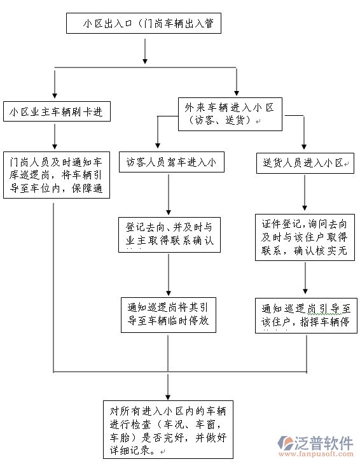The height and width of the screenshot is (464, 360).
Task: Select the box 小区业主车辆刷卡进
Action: click(x=57, y=112)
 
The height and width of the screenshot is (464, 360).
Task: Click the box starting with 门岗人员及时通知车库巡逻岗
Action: click(x=57, y=174)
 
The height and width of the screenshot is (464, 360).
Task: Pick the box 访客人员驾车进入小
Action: click(x=169, y=162)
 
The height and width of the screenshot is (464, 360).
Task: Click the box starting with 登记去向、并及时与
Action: click(x=169, y=235)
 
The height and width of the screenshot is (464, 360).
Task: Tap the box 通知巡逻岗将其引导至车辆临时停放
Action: click(x=169, y=314)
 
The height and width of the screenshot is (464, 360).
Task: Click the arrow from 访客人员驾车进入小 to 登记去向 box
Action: click(x=169, y=194)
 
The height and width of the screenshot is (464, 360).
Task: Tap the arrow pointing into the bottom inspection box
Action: click(x=168, y=386)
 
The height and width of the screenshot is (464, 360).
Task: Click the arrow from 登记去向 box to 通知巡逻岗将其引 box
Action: click(x=169, y=274)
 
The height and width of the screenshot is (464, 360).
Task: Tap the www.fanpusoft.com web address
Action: click(x=315, y=454)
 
